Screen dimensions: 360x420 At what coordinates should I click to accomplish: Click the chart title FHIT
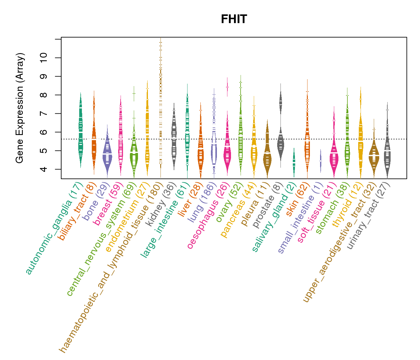[234, 19]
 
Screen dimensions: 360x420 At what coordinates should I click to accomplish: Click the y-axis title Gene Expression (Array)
[20, 108]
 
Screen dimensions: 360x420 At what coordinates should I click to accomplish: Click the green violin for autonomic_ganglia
[80, 132]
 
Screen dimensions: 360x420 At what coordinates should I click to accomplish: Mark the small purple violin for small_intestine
[320, 161]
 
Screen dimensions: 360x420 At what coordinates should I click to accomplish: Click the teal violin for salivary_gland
[294, 162]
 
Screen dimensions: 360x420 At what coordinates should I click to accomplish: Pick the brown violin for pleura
[267, 156]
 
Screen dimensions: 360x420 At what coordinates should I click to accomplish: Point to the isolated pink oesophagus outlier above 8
[227, 87]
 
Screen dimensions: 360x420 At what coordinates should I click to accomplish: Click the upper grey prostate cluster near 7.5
[280, 102]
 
